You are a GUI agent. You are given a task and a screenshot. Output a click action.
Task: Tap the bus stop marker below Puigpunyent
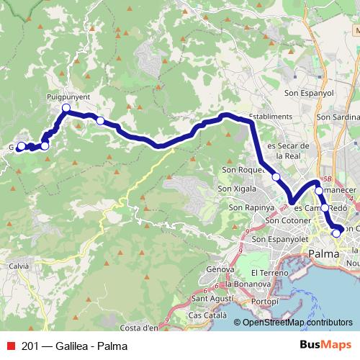point(66,109)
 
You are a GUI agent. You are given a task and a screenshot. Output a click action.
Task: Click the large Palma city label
point(325,253)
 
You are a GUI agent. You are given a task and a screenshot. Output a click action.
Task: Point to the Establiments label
point(270,117)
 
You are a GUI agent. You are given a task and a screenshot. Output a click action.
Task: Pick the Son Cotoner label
point(287,220)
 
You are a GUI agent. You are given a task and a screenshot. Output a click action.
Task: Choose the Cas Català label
point(205,315)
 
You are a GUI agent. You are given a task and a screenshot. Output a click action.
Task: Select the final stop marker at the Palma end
point(336,233)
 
